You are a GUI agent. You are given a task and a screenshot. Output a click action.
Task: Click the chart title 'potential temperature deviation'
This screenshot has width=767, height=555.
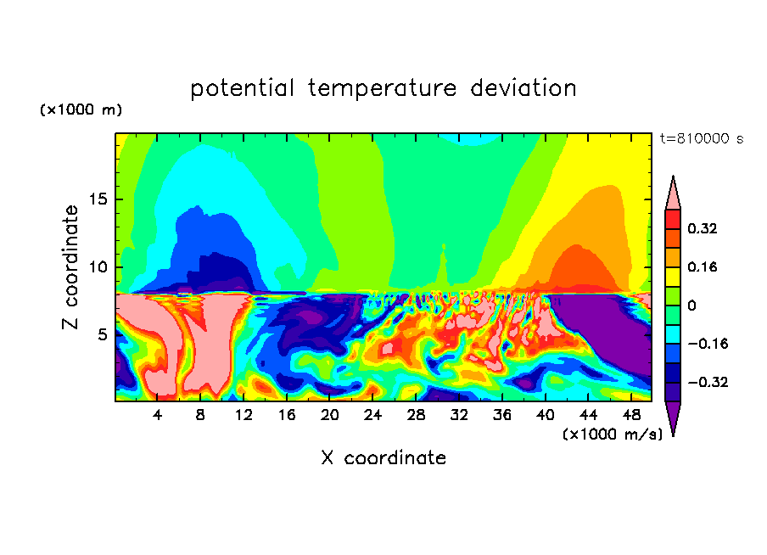tap(383, 88)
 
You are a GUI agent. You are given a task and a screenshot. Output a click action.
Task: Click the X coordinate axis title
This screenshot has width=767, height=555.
tap(383, 458)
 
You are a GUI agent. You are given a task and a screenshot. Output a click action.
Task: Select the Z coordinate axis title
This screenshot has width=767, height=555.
tap(71, 266)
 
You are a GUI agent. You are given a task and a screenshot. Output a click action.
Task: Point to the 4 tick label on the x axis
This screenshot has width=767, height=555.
tap(158, 415)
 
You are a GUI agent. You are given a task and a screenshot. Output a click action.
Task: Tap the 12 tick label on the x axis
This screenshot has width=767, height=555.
tap(244, 415)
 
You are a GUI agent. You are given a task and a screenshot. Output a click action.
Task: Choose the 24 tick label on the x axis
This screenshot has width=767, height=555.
tap(372, 415)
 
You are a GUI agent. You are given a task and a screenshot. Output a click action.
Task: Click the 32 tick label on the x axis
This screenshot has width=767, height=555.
tap(459, 415)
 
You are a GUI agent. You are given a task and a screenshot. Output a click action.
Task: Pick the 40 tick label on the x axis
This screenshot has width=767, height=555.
tap(545, 415)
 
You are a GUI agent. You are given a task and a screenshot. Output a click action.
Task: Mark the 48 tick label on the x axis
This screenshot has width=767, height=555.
tap(630, 415)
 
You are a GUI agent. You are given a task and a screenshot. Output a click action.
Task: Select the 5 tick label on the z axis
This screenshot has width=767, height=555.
tap(102, 334)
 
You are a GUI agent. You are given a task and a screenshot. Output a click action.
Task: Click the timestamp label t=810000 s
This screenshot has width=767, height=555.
tap(701, 138)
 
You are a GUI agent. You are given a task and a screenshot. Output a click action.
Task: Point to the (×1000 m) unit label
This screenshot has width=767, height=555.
tap(81, 110)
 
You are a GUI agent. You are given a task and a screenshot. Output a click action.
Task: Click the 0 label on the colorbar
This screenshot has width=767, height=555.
tap(691, 306)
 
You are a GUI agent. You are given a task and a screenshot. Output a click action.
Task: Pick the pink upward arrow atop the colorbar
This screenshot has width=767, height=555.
tap(673, 192)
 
